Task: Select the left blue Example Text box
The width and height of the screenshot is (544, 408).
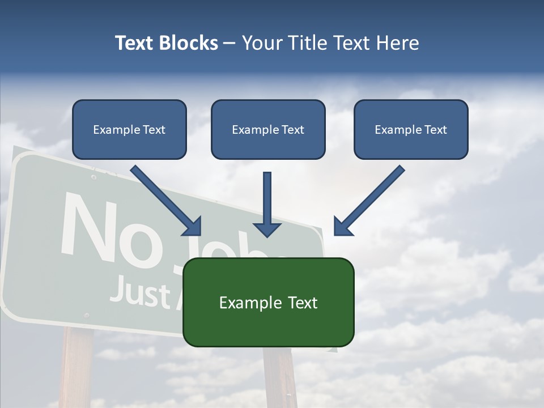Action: point(129,130)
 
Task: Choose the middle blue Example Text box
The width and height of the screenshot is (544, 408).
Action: point(268,130)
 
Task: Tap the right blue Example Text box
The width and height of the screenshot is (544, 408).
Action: point(411,130)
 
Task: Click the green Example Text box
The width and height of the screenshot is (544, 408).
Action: point(268,303)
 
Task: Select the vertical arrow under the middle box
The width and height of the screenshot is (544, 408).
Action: point(267,204)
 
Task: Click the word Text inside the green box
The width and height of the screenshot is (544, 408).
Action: point(303,303)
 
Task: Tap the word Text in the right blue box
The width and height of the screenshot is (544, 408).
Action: point(435,130)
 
